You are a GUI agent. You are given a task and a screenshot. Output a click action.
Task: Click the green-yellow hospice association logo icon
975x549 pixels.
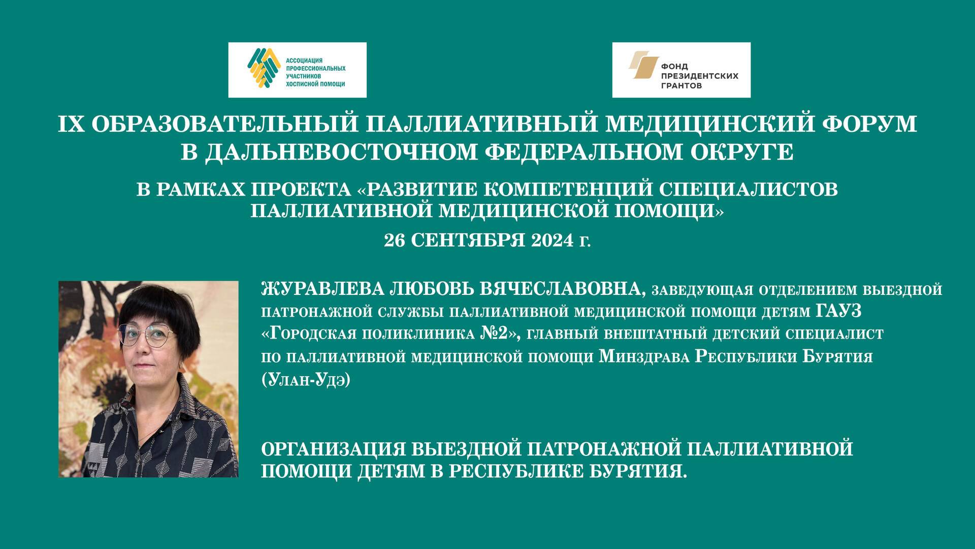pos(264,69)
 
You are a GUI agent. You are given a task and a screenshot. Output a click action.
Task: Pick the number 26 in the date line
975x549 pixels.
pos(394,240)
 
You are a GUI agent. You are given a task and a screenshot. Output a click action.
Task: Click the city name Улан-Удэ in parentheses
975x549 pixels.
pos(306,380)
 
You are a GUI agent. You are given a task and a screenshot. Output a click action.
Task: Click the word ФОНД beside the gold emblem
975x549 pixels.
pos(674,66)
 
